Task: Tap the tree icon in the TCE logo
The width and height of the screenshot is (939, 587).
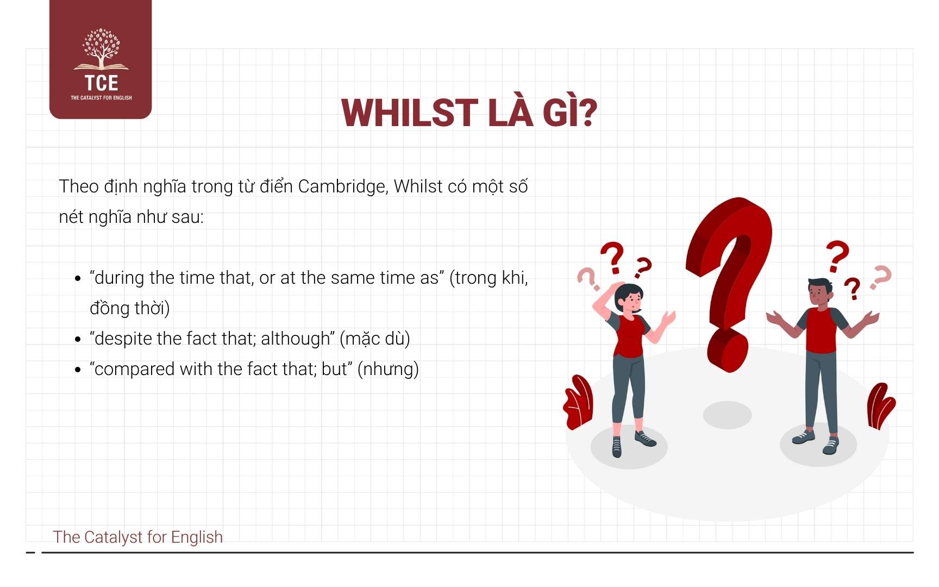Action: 101,49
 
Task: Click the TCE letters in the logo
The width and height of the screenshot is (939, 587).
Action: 101,83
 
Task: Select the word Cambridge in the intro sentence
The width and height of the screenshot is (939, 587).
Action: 342,186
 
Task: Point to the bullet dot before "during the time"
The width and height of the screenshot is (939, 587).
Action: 78,278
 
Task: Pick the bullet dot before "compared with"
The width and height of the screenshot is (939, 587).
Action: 78,370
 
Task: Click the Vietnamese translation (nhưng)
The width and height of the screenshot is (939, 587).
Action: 388,370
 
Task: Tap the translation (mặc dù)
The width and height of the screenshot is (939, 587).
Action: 374,339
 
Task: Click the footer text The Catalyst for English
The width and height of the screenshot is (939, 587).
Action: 138,537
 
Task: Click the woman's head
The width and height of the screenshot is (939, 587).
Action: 629,297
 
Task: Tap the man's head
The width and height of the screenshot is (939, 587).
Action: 819,293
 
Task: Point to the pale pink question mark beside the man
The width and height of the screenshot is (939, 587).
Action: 880,277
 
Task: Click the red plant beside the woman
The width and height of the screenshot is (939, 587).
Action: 578,402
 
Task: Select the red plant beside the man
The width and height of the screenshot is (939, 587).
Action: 880,405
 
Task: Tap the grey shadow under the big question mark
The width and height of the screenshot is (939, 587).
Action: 727,415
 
